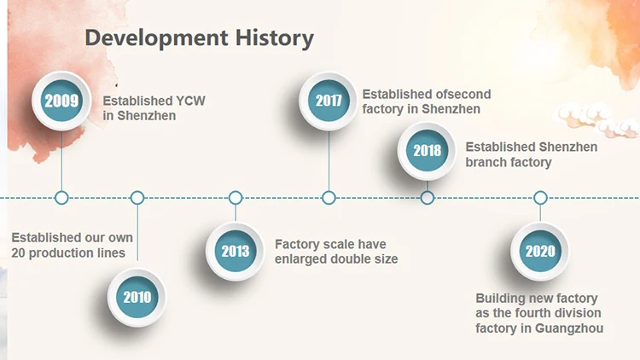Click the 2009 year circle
(61, 101)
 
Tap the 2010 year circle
(137, 297)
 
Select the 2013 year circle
(236, 251)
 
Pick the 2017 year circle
(329, 101)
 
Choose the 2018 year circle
(428, 151)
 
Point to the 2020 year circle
(540, 251)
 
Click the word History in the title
(274, 38)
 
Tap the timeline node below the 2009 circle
(61, 198)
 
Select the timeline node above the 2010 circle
(137, 198)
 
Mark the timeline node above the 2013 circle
(236, 198)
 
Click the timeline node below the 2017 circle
(329, 198)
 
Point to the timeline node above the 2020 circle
(540, 198)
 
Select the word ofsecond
(462, 94)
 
